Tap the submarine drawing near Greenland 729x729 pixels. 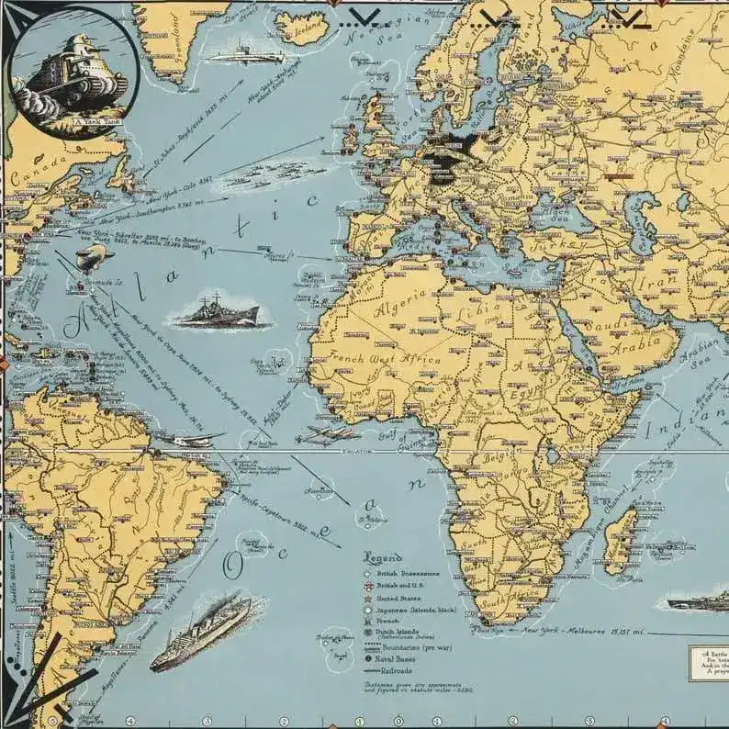click(244, 52)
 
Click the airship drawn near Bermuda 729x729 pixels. click(95, 258)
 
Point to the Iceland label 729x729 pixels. click(306, 32)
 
